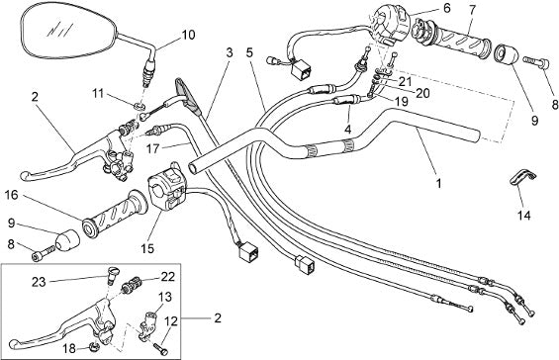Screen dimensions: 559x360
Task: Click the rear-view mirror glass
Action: (x=67, y=32)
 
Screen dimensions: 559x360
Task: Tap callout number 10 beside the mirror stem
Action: (x=188, y=35)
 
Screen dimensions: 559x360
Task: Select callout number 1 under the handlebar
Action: (x=439, y=184)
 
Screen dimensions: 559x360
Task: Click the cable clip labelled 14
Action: (x=522, y=177)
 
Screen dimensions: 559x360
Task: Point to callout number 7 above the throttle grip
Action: (x=472, y=10)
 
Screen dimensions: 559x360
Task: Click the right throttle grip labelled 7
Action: (x=453, y=39)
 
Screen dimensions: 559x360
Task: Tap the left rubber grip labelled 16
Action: (x=115, y=214)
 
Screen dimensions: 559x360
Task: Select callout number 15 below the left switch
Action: (x=147, y=248)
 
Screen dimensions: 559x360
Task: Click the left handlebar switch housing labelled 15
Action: (x=166, y=187)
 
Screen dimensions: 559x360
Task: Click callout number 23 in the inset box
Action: (x=39, y=282)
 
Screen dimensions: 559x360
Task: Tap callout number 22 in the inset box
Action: (x=167, y=277)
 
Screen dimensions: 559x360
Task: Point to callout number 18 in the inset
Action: (x=69, y=348)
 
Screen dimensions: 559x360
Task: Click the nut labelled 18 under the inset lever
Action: (x=93, y=345)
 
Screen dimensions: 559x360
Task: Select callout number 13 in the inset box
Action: (x=164, y=297)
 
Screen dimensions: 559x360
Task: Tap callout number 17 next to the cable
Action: (x=153, y=148)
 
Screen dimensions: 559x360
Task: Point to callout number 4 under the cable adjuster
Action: (x=347, y=129)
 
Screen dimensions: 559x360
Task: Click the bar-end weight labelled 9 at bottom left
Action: (x=67, y=241)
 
